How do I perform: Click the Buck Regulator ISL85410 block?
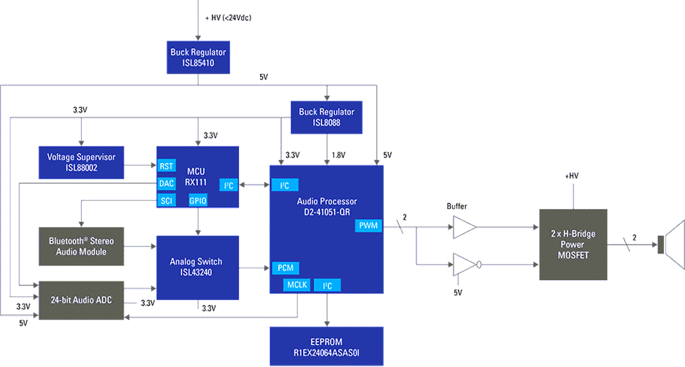coord(198,58)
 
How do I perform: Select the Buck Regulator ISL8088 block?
coord(327,117)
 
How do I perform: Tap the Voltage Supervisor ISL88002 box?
coord(81,162)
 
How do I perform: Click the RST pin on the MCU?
coord(167,167)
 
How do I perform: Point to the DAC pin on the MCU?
coord(167,184)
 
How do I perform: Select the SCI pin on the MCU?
coord(167,201)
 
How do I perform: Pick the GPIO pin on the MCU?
coord(198,201)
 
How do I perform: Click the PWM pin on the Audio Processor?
coord(368,225)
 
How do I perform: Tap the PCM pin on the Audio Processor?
coord(285,267)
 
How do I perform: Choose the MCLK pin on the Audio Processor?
coord(297,285)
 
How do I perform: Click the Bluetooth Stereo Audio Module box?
coord(81,246)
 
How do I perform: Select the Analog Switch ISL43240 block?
coord(198,267)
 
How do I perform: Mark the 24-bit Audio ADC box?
coord(81,300)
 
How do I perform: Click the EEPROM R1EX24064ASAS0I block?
coord(327,346)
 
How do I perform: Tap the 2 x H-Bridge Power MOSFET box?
coord(573,244)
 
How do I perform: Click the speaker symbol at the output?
coord(671,244)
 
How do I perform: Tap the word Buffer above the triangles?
coord(457,207)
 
